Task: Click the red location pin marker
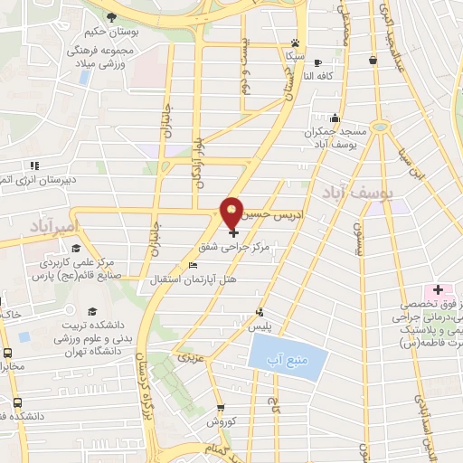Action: coord(232,213)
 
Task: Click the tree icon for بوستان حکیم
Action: coord(111,17)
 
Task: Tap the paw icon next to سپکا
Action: coord(295,43)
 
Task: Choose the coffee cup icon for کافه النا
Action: coord(317,62)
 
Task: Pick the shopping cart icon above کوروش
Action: coord(221,410)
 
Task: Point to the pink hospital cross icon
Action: coord(439,289)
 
